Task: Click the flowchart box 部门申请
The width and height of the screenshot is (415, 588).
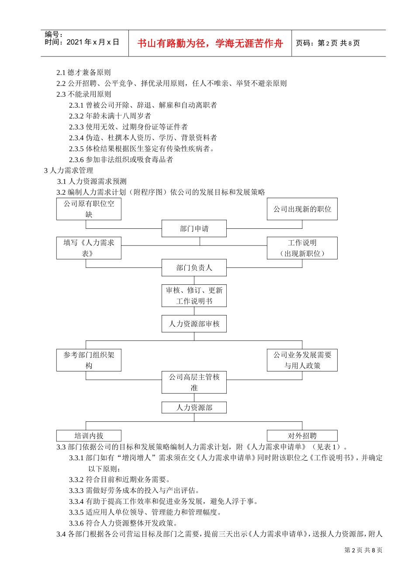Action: [x=194, y=228]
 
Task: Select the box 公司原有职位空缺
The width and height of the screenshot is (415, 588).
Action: [x=89, y=209]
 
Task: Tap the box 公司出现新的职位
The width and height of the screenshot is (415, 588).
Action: [x=302, y=209]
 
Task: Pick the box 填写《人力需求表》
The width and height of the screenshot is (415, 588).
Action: [x=89, y=248]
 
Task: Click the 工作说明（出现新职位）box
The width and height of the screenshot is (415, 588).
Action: [x=302, y=248]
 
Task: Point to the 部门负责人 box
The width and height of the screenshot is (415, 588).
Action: [x=194, y=267]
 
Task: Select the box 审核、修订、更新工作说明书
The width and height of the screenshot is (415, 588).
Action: [x=194, y=296]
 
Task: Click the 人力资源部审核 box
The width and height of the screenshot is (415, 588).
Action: [x=194, y=324]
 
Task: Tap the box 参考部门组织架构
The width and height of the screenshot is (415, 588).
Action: [x=89, y=360]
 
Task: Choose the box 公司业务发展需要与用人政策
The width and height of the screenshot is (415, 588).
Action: [x=302, y=360]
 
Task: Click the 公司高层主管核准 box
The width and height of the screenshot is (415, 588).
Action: [x=194, y=382]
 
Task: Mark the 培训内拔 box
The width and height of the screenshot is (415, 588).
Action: [x=89, y=436]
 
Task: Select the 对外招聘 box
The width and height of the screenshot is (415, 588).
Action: [x=302, y=436]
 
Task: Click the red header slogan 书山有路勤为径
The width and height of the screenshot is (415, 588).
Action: [x=210, y=43]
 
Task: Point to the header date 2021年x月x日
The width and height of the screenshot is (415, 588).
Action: [x=93, y=42]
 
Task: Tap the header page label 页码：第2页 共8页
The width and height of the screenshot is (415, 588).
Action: [x=328, y=43]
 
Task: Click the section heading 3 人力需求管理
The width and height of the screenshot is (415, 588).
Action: [x=69, y=170]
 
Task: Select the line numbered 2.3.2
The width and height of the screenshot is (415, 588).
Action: [x=110, y=116]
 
